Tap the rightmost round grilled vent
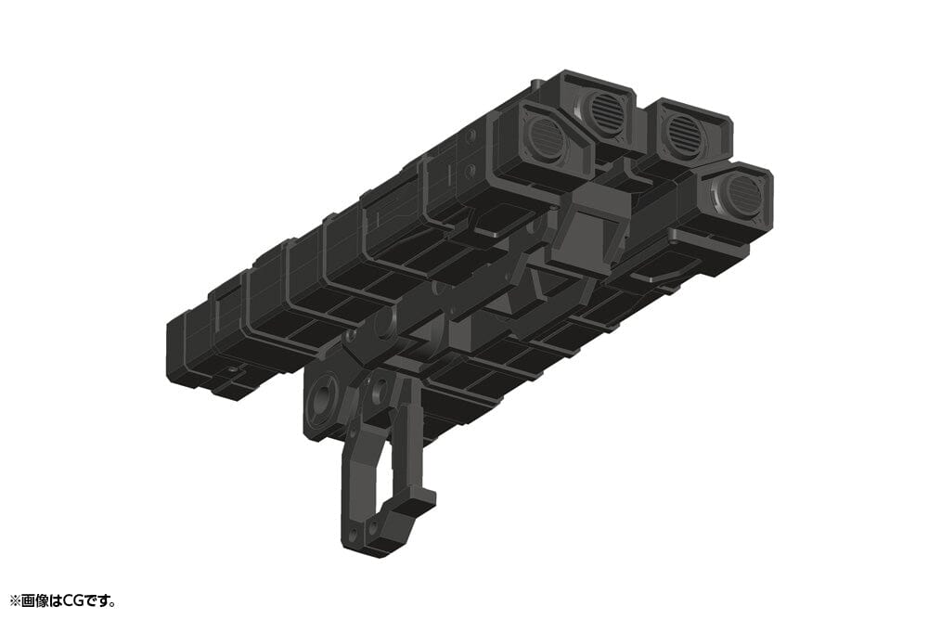pyautogui.click(x=742, y=196)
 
